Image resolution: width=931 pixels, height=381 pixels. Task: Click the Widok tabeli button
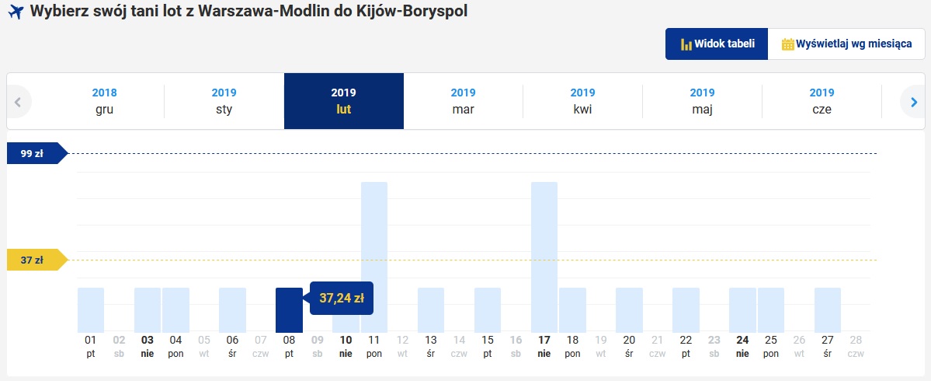717,44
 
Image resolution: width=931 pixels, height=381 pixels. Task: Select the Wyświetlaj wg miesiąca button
846,44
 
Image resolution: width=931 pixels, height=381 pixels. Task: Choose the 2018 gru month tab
105,101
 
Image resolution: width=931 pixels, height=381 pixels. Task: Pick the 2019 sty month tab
224,101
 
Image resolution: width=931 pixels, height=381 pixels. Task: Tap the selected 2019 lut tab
344,101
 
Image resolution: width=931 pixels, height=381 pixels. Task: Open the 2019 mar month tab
463,101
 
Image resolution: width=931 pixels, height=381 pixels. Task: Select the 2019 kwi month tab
582,101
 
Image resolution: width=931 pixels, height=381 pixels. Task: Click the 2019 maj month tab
702,101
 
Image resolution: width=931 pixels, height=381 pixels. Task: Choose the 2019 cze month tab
822,101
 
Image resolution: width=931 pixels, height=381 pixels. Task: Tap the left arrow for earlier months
18,102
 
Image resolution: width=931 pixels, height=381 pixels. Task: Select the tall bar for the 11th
374,257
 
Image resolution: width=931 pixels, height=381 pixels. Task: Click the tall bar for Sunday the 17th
544,257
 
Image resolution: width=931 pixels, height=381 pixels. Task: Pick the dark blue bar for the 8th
289,310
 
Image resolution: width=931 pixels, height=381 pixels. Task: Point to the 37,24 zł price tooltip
342,299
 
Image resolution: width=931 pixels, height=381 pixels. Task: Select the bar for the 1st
91,310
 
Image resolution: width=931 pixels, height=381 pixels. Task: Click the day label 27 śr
827,346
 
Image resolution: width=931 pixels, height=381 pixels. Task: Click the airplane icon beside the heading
16,12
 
